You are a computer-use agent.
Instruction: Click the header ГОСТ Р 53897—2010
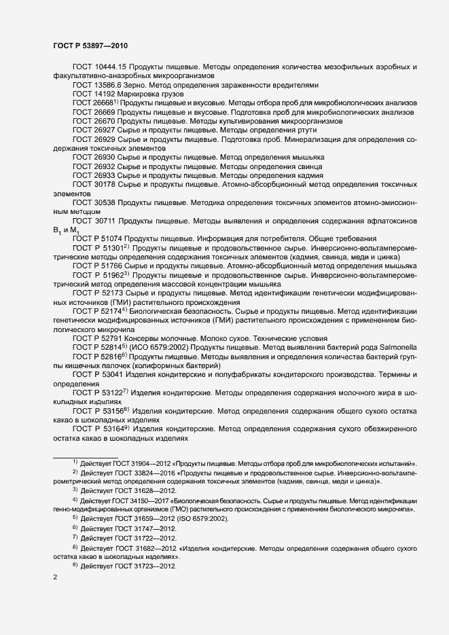(90, 45)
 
